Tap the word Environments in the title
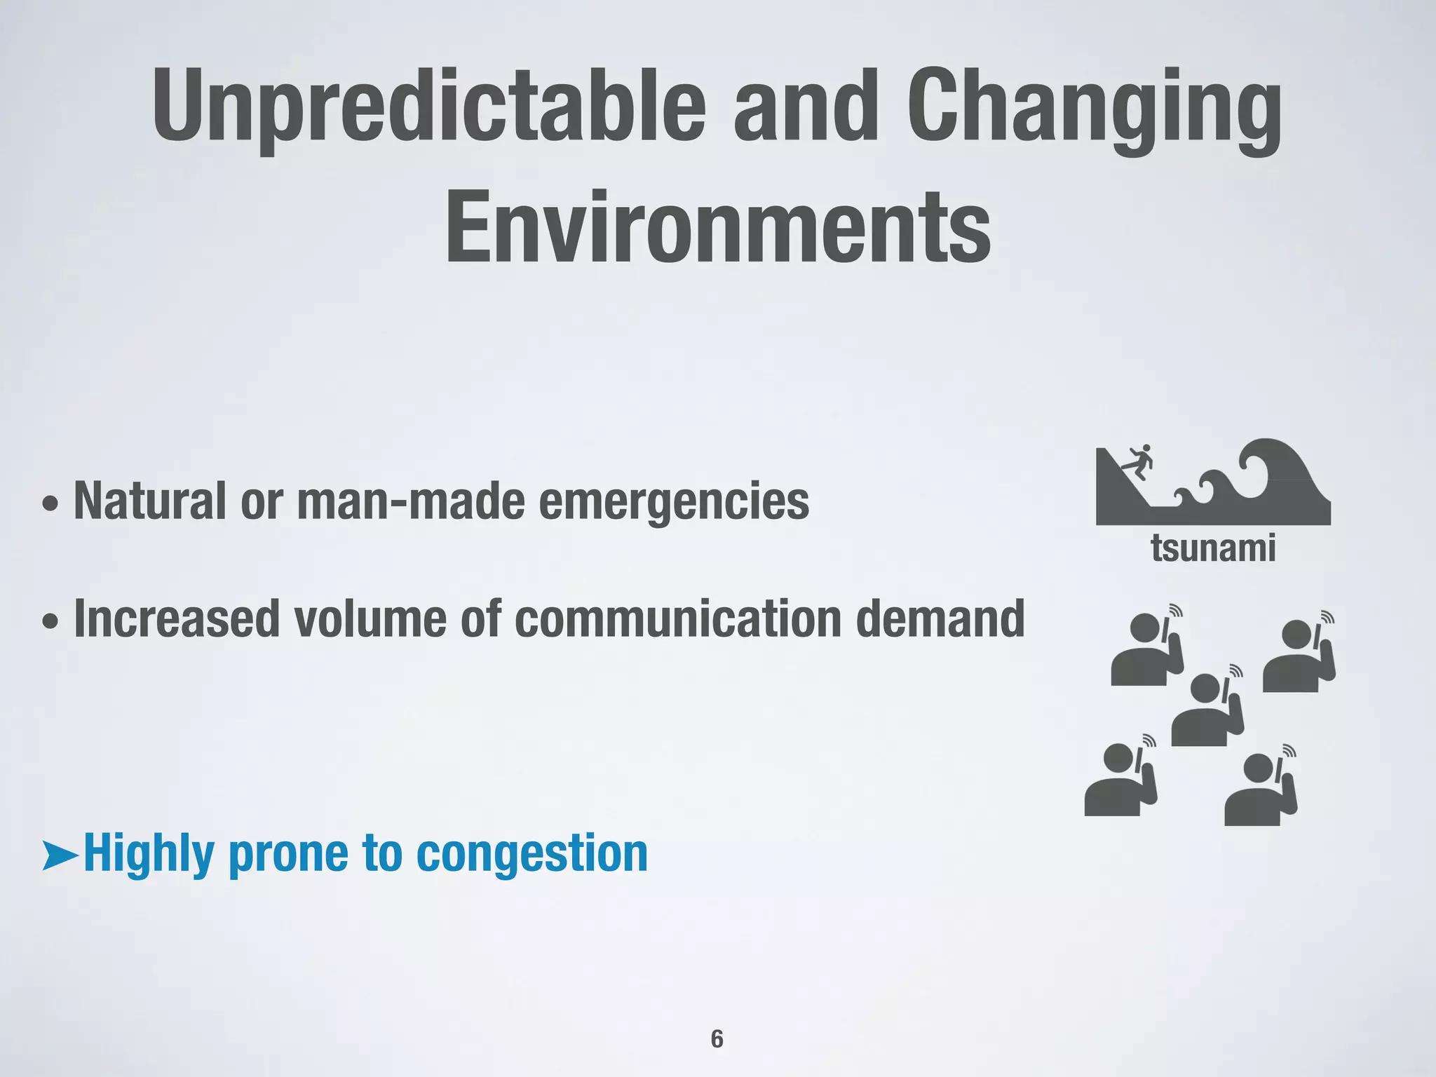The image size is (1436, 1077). (718, 226)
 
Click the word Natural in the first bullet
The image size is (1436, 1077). (150, 501)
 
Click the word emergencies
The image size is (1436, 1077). (673, 501)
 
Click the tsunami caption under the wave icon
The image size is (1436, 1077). (1213, 548)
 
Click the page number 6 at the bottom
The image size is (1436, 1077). (717, 1038)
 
